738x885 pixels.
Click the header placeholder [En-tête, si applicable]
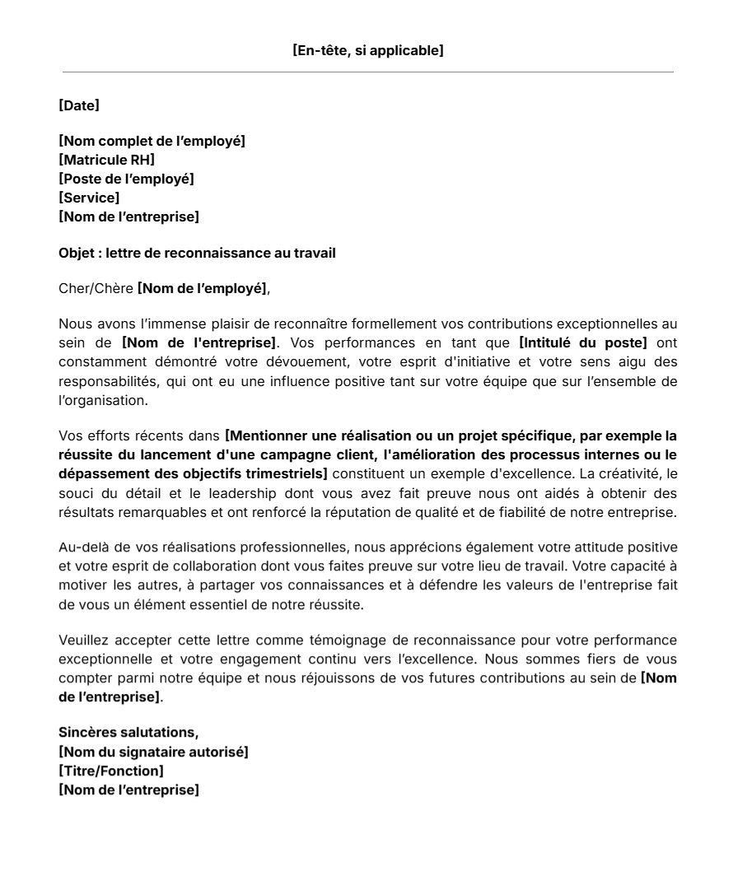point(368,51)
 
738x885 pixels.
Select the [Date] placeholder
point(79,105)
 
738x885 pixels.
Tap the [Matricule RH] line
point(106,160)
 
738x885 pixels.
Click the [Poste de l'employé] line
point(126,179)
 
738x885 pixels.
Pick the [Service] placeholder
point(89,198)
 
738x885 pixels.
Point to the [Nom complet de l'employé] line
point(152,141)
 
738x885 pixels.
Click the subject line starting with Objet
point(197,253)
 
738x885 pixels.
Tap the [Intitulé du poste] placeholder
point(583,342)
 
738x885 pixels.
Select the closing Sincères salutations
point(128,732)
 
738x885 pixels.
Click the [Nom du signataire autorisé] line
point(153,752)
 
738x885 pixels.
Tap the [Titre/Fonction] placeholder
point(111,771)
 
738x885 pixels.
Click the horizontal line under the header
point(368,72)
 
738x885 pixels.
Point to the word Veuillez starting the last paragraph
point(84,640)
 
